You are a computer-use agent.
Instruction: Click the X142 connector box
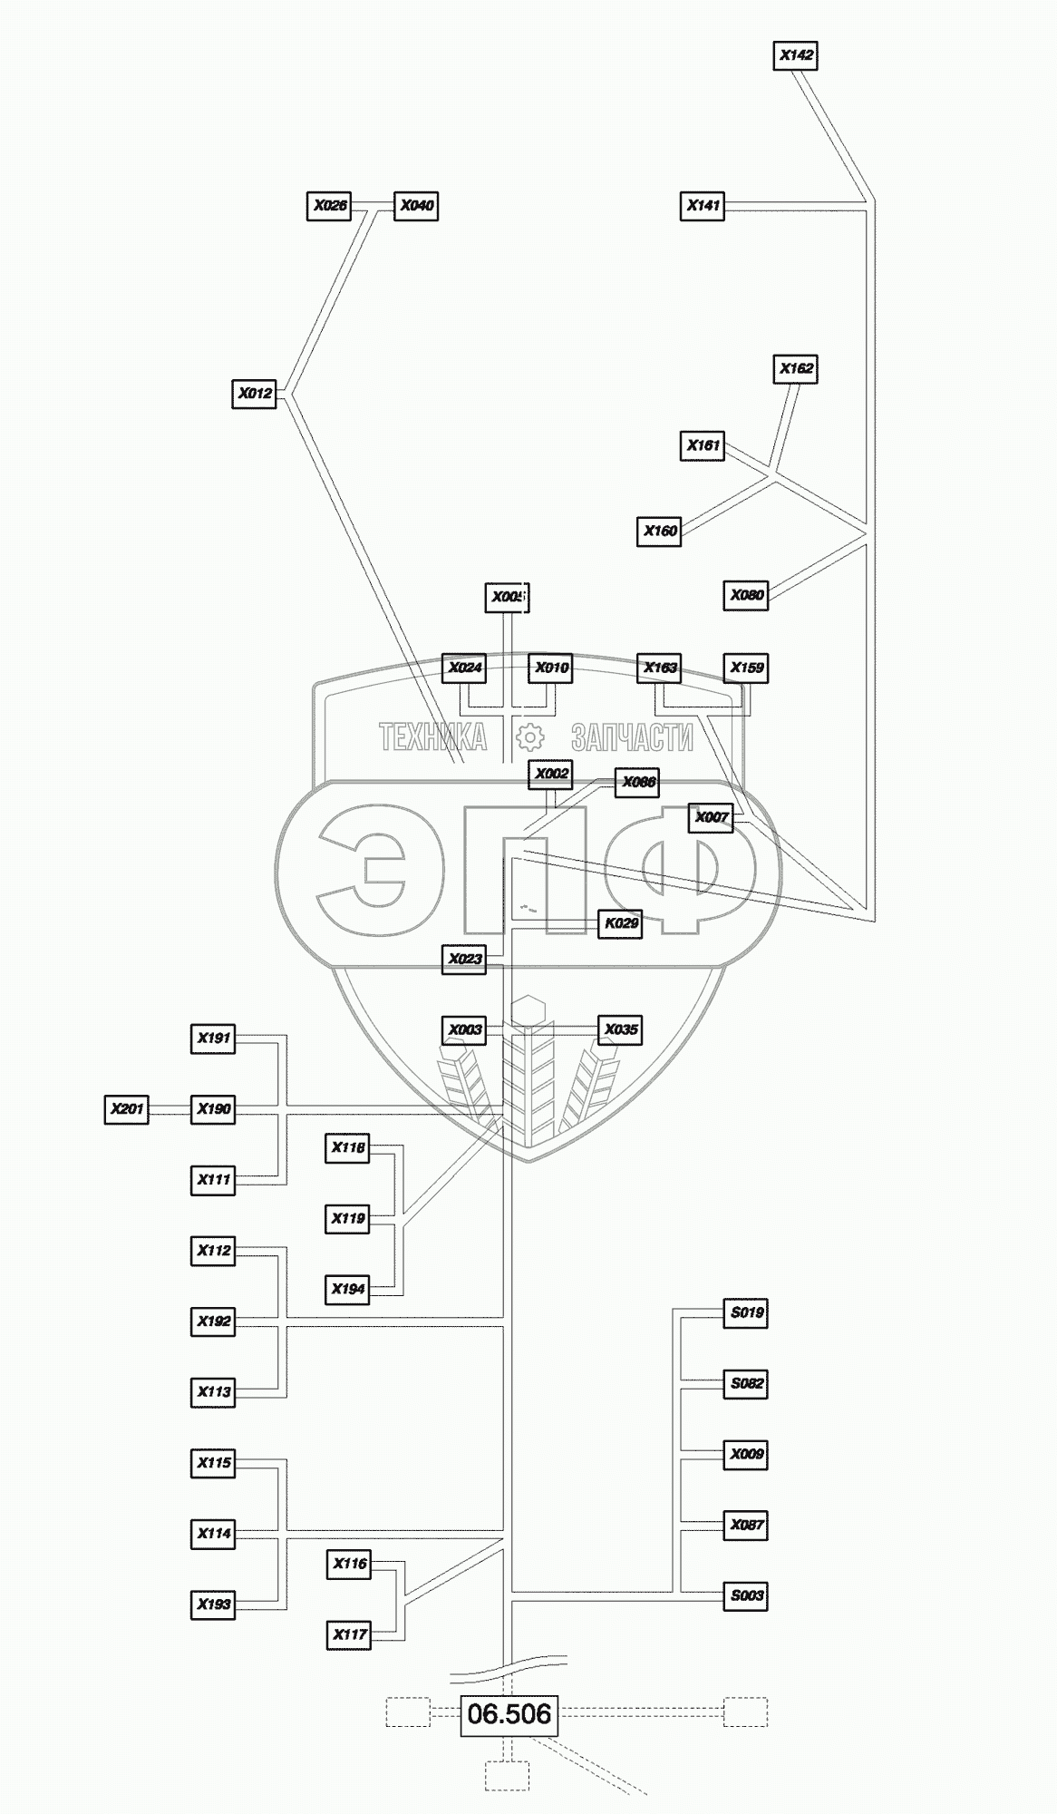click(x=796, y=55)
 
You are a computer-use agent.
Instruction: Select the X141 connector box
click(x=703, y=206)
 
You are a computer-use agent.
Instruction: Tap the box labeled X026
click(x=329, y=206)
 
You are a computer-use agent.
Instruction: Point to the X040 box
click(x=416, y=206)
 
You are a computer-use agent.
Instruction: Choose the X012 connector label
click(x=255, y=395)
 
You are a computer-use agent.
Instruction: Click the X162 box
click(x=796, y=369)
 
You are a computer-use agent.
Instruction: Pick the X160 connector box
click(x=660, y=532)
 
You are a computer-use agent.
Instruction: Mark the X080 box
click(x=746, y=596)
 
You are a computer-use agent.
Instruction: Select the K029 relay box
click(x=621, y=924)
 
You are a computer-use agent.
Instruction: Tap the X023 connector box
click(x=464, y=959)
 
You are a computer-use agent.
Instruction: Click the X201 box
click(x=127, y=1109)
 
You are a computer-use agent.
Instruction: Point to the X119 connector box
click(x=348, y=1219)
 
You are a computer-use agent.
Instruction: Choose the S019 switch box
click(x=746, y=1312)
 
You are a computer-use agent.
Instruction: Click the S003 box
click(x=746, y=1595)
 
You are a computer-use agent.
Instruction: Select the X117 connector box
click(x=349, y=1635)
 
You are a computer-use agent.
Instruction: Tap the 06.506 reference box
click(x=509, y=1714)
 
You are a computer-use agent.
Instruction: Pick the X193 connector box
click(x=214, y=1604)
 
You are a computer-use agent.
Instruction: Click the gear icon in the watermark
click(x=529, y=736)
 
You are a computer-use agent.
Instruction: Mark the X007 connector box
click(x=711, y=818)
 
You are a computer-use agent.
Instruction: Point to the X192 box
click(x=214, y=1321)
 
